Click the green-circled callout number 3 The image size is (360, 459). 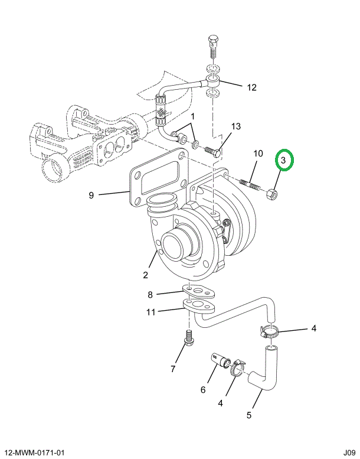[283, 161]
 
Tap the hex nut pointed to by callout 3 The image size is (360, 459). [272, 194]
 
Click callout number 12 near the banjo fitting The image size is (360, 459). [251, 87]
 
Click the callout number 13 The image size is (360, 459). [235, 126]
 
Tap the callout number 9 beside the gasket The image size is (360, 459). [91, 195]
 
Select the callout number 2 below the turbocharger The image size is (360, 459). [146, 275]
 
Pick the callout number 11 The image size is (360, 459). [151, 312]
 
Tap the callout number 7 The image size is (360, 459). [173, 369]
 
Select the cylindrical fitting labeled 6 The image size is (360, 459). [220, 360]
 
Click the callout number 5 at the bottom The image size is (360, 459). [249, 415]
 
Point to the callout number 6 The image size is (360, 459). [203, 390]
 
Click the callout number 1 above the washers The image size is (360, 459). [192, 116]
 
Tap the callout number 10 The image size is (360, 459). [258, 153]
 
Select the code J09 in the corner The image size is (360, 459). [349, 453]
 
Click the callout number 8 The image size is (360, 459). [150, 295]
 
